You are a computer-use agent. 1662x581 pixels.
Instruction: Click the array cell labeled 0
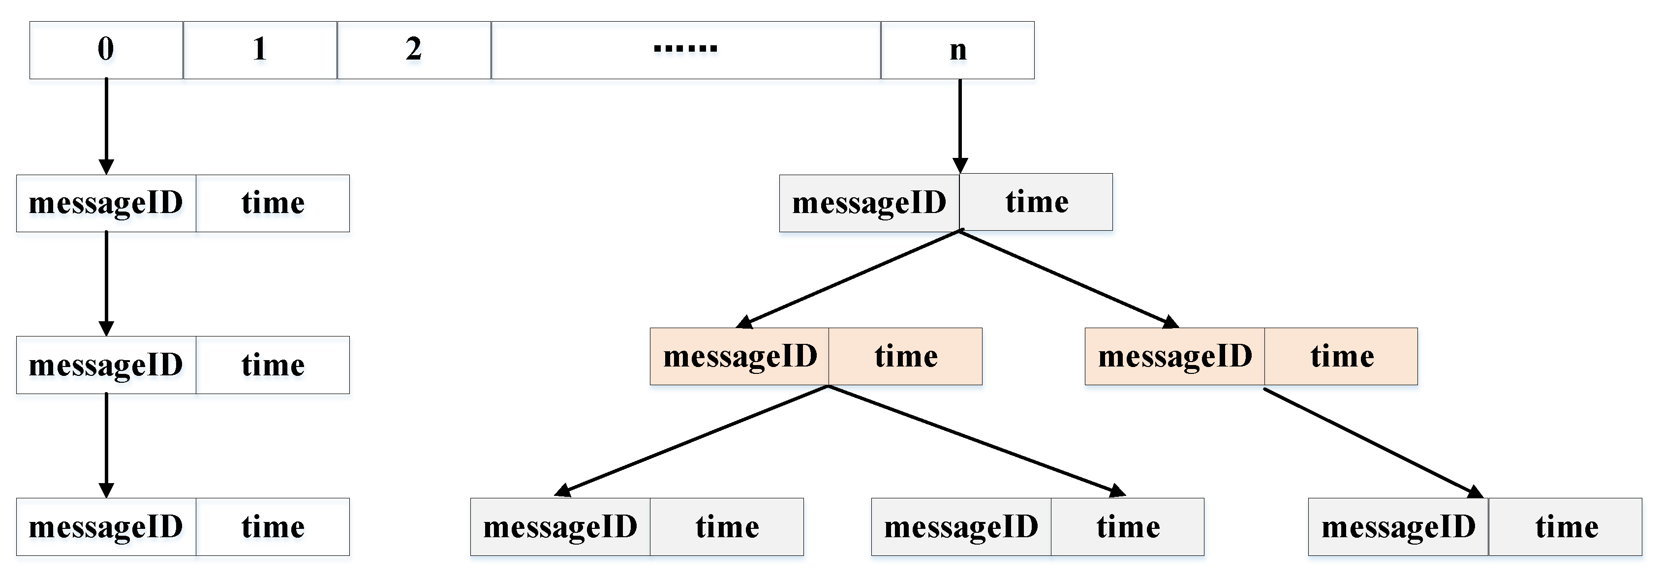tap(106, 50)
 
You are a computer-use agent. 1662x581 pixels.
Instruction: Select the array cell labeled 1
tap(259, 50)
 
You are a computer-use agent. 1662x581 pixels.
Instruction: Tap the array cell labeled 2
tap(414, 50)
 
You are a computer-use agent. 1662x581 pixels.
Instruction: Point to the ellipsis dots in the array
tap(685, 48)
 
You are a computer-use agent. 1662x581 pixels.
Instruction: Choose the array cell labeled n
tap(957, 50)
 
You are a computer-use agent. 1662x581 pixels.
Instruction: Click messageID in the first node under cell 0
tap(106, 203)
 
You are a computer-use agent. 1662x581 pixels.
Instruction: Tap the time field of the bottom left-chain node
tap(273, 527)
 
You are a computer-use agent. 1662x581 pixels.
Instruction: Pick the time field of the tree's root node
tap(1036, 202)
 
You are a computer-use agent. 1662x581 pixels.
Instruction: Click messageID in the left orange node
tap(739, 357)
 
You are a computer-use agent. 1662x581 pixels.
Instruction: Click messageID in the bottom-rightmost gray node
tap(1398, 527)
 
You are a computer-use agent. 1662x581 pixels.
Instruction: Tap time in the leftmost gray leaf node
tap(727, 527)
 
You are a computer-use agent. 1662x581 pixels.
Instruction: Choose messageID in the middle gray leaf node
tap(961, 527)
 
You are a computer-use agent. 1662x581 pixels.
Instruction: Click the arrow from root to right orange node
tap(1068, 277)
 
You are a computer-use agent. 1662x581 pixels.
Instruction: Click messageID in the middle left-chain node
tap(106, 365)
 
